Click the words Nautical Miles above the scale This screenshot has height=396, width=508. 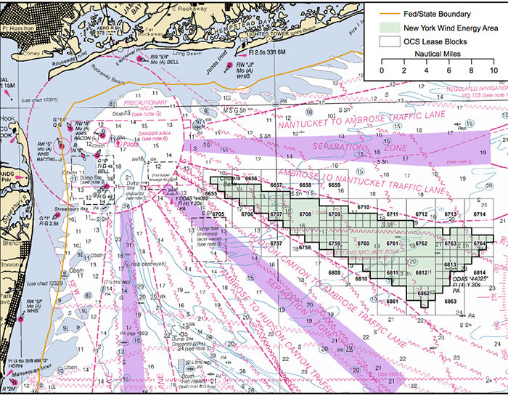click(437, 53)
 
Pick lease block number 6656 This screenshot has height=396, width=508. click(252, 178)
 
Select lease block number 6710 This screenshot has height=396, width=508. click(364, 208)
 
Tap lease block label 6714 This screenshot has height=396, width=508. click(480, 215)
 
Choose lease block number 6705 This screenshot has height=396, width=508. click(217, 214)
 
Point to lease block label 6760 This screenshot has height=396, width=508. click(364, 243)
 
